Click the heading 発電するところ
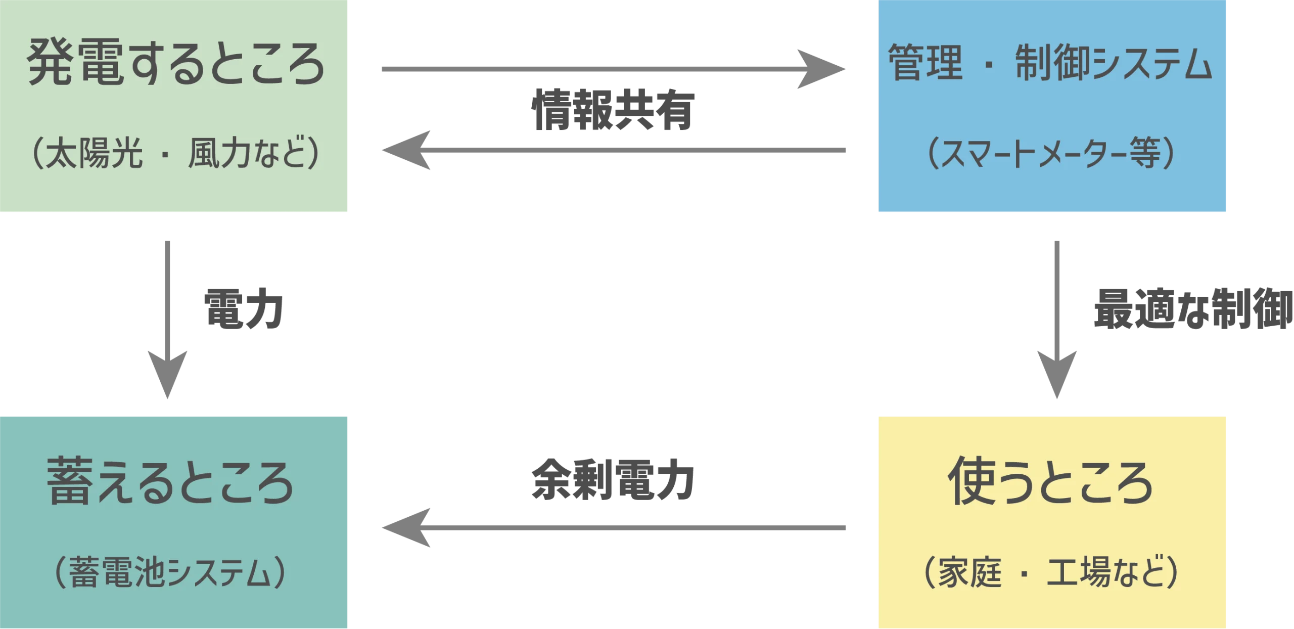[x=175, y=63]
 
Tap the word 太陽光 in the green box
[x=94, y=153]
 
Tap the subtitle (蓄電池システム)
[x=170, y=572]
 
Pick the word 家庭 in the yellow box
[x=969, y=572]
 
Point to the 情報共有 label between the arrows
[x=612, y=109]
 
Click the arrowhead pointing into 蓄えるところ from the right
[x=407, y=528]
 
